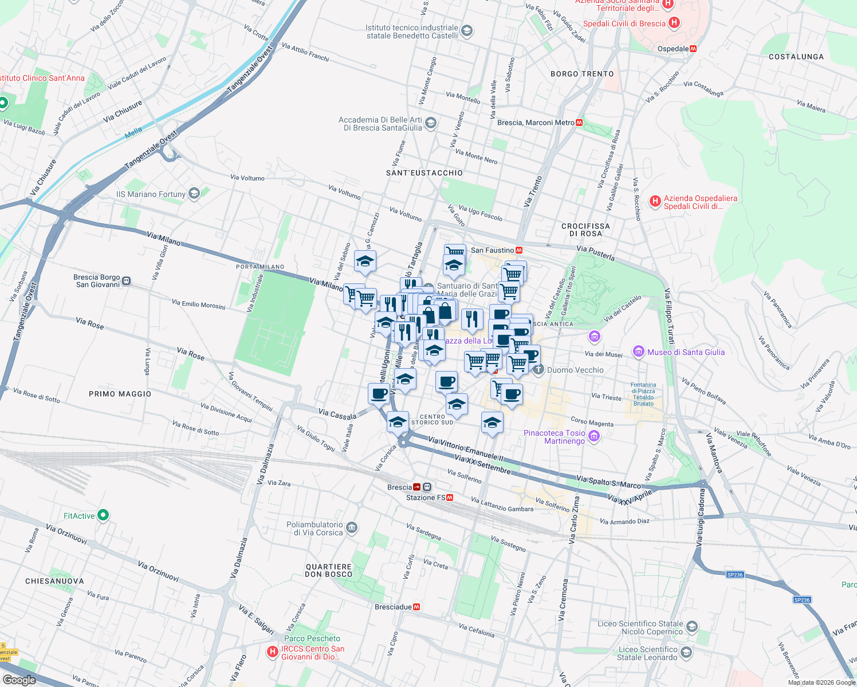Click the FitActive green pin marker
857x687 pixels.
103,515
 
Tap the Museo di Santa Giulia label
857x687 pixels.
686,352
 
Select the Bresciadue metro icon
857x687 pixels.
416,607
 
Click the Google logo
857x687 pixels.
19,680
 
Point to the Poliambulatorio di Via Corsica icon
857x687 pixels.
352,527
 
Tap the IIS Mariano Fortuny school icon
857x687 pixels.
194,194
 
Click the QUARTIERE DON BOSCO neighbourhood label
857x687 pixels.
329,570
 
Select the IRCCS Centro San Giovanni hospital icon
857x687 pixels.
273,652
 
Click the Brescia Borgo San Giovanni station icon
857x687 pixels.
127,281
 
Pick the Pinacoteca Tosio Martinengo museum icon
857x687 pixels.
594,437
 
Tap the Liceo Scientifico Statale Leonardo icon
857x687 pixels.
686,653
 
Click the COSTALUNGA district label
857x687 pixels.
796,57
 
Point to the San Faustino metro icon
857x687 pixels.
519,250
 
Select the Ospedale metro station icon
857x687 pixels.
693,49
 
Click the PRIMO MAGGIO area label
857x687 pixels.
120,394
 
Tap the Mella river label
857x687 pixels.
133,132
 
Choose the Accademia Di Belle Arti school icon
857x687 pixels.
431,123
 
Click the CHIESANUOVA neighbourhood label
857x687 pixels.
54,581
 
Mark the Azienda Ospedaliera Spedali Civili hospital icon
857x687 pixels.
655,201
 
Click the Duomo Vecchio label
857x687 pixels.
575,370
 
